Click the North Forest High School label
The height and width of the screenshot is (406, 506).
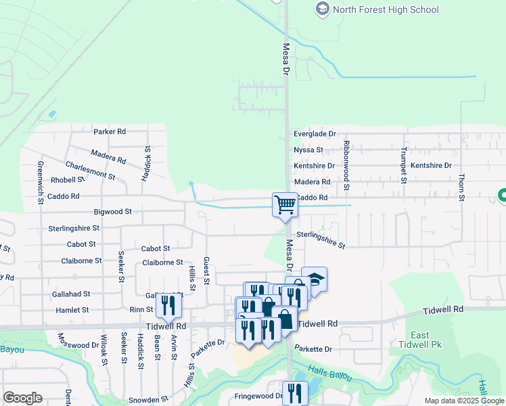(386, 9)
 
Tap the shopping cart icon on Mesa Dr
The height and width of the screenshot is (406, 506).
(285, 204)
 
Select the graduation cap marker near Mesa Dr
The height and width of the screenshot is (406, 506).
(314, 279)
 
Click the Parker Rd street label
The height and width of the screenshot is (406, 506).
(110, 132)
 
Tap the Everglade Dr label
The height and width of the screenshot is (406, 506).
(315, 135)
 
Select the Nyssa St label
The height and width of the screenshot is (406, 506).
(308, 150)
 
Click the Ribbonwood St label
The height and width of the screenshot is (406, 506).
(346, 164)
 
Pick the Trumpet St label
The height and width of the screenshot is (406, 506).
(403, 165)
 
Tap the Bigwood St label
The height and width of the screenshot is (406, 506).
(112, 212)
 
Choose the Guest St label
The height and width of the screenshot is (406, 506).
(206, 271)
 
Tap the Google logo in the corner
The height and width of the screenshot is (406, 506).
(22, 398)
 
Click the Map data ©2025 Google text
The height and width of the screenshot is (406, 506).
(463, 401)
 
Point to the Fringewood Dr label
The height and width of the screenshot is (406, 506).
(258, 396)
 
